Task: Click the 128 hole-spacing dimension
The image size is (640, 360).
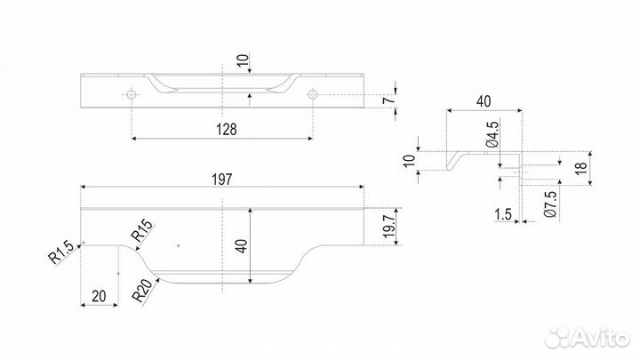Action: click(x=227, y=129)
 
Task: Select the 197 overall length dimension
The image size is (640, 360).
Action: click(x=222, y=179)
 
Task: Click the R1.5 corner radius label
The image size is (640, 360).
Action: click(x=61, y=257)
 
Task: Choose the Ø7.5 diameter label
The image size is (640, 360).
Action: click(x=550, y=204)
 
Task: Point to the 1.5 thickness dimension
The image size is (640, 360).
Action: click(x=502, y=214)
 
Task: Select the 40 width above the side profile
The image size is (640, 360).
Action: click(x=483, y=101)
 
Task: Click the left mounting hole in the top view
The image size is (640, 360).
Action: click(x=132, y=93)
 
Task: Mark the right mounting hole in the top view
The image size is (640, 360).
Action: click(x=313, y=93)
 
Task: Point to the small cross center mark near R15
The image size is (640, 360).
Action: click(x=179, y=244)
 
